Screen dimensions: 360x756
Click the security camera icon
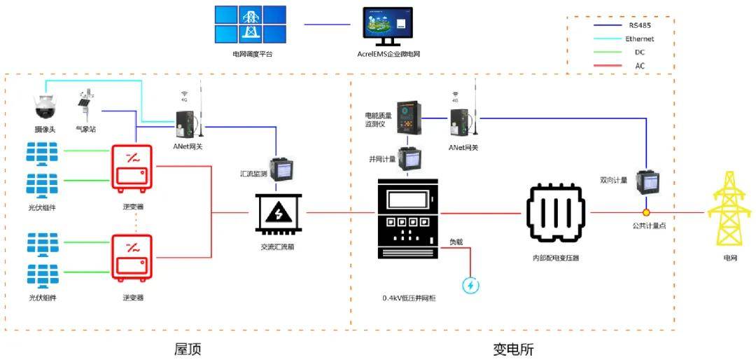tap(44, 106)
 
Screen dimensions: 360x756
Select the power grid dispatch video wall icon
tap(251, 25)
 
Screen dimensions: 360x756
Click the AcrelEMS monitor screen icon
tap(388, 27)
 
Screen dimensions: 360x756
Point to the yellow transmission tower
tap(729, 210)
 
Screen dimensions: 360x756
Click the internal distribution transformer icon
tap(556, 213)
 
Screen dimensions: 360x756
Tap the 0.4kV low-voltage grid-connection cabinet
tap(409, 232)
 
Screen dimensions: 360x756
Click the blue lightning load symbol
tap(470, 285)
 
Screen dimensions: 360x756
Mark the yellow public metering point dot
tap(647, 212)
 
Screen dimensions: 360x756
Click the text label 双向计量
tap(614, 180)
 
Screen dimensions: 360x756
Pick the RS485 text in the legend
tap(639, 25)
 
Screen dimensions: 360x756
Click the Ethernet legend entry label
tap(639, 39)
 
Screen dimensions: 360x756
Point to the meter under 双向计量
tap(645, 184)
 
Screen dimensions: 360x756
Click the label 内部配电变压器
tap(556, 258)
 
